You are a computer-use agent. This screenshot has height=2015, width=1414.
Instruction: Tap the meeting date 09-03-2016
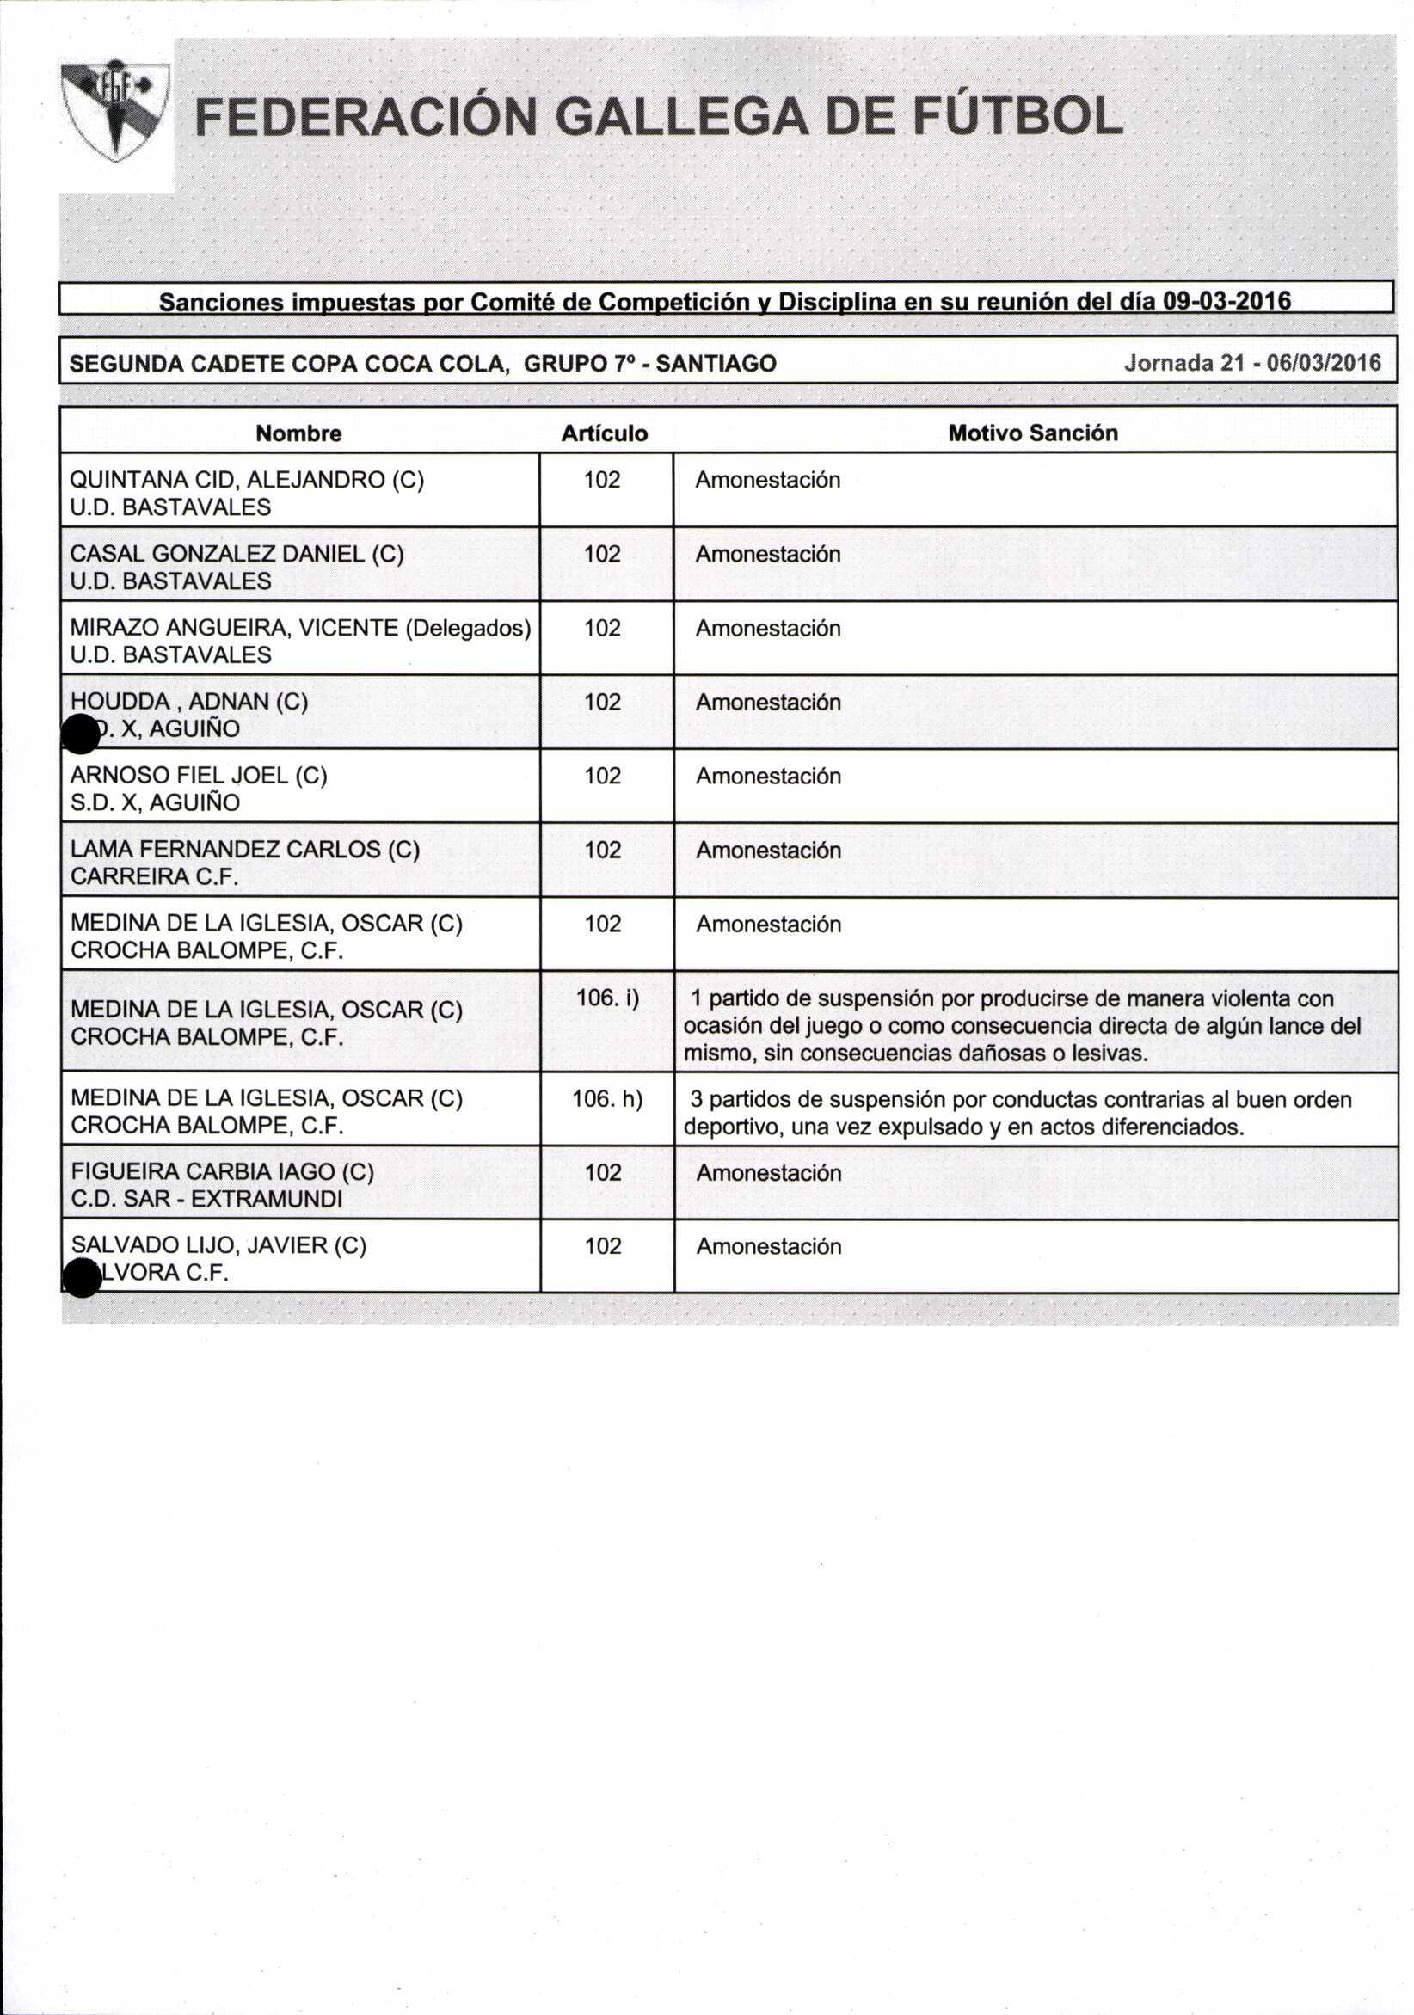pyautogui.click(x=1226, y=301)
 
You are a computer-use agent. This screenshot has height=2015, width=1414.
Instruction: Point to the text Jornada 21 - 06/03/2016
pyautogui.click(x=1252, y=362)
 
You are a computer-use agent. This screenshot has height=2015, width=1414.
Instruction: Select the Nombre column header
pyautogui.click(x=298, y=433)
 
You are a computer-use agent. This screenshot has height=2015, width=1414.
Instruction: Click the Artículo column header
pyautogui.click(x=604, y=433)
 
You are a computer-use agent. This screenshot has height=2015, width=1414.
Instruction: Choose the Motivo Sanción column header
pyautogui.click(x=1032, y=433)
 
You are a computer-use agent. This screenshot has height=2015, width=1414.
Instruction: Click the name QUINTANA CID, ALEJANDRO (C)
pyautogui.click(x=247, y=480)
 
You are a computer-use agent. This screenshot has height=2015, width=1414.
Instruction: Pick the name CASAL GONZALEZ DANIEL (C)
pyautogui.click(x=237, y=554)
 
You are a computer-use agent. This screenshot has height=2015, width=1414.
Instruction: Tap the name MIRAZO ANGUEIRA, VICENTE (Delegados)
pyautogui.click(x=300, y=628)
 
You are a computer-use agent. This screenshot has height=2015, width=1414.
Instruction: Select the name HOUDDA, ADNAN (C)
pyautogui.click(x=188, y=701)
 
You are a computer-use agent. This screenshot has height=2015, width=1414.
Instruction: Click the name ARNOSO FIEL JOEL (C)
pyautogui.click(x=199, y=775)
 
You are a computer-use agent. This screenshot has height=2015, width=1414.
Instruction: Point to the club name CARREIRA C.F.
pyautogui.click(x=155, y=875)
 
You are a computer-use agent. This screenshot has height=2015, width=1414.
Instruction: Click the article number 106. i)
pyautogui.click(x=607, y=998)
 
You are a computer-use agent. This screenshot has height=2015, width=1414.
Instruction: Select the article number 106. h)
pyautogui.click(x=607, y=1099)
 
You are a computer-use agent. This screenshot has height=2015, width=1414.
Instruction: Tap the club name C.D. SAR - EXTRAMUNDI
pyautogui.click(x=206, y=1199)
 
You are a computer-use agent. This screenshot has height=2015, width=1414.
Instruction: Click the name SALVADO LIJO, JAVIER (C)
pyautogui.click(x=218, y=1245)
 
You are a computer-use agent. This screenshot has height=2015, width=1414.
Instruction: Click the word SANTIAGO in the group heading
pyautogui.click(x=716, y=363)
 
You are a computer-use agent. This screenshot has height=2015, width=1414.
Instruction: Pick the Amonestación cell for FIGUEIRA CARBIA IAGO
pyautogui.click(x=768, y=1173)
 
